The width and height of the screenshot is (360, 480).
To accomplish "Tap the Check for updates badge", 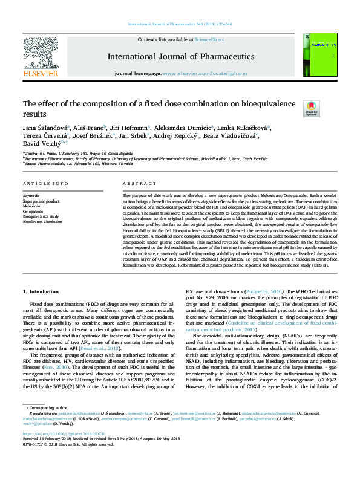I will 311,109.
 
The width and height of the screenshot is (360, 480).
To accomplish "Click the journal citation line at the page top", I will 180,25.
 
